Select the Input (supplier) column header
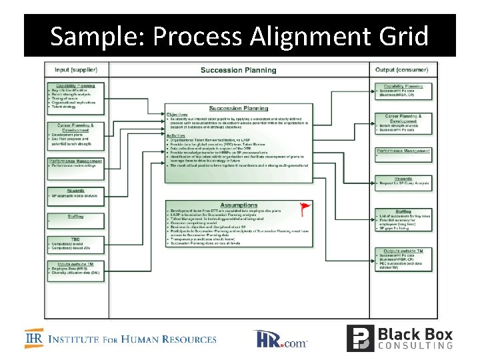[x=75, y=69]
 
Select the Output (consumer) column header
[x=402, y=69]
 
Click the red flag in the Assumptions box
[x=305, y=207]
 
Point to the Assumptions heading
[x=239, y=205]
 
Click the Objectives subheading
[x=177, y=114]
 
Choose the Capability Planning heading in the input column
[x=75, y=85]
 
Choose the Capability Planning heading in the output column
[x=403, y=86]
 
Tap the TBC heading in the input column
[x=75, y=239]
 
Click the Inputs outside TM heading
[x=75, y=263]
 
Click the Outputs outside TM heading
[x=403, y=249]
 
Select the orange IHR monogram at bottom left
[x=35, y=339]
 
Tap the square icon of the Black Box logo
[x=359, y=338]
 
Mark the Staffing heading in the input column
[x=75, y=216]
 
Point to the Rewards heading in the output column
[x=403, y=178]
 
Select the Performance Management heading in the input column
[x=75, y=161]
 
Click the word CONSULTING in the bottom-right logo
[x=415, y=345]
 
